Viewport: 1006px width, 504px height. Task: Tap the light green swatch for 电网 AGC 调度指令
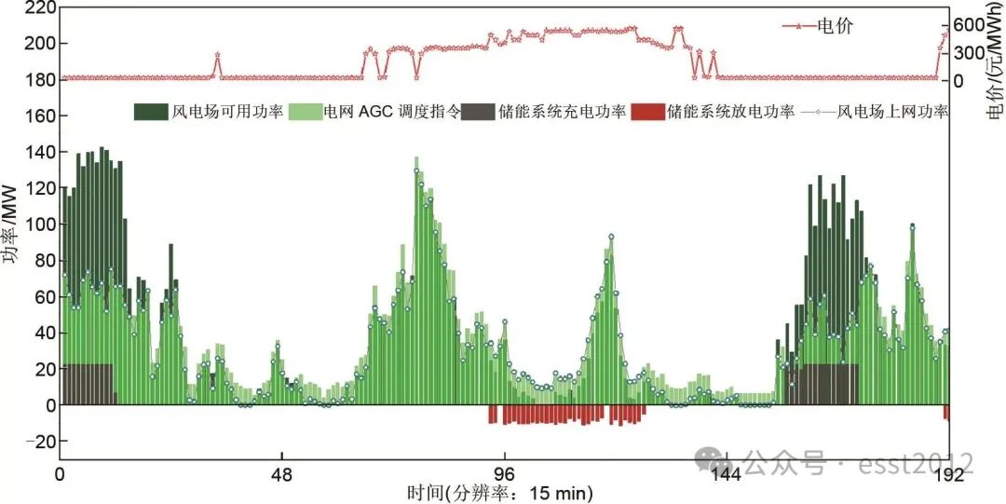(306, 112)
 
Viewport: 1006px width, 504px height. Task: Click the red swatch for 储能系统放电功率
(648, 112)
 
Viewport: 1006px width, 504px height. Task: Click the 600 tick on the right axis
(970, 23)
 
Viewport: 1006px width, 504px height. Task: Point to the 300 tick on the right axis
(970, 52)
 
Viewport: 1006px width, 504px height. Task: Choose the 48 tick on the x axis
(282, 474)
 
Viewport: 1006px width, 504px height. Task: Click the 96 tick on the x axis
(504, 474)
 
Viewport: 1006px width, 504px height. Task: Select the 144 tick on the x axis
(726, 474)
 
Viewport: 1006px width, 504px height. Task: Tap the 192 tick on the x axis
(948, 474)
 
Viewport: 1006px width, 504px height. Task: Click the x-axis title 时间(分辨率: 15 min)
(499, 492)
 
